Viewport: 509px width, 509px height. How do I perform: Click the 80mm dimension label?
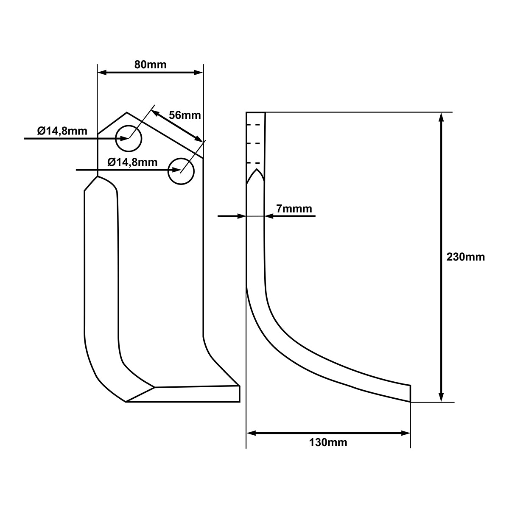tap(150, 65)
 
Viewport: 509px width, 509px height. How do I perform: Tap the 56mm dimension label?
tap(185, 115)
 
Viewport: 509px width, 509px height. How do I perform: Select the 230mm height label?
tap(466, 257)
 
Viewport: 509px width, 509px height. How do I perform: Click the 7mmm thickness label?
tap(294, 209)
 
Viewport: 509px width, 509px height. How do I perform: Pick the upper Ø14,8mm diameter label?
tap(62, 131)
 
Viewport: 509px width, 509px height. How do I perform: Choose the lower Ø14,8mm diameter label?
tap(133, 162)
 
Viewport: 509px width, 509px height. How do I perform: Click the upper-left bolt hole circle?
tap(129, 126)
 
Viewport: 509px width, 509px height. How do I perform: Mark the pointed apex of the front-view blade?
tap(127, 112)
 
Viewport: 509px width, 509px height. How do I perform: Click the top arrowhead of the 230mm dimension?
tap(441, 117)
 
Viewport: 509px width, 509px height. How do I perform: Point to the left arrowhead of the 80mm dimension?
tap(102, 73)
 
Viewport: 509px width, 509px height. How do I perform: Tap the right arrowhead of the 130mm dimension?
tap(406, 433)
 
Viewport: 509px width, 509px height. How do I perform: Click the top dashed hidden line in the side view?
tap(253, 124)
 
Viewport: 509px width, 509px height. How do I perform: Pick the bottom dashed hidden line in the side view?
tap(253, 163)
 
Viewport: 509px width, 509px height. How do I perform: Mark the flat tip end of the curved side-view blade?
tap(410, 393)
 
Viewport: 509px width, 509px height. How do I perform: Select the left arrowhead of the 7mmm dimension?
tap(241, 216)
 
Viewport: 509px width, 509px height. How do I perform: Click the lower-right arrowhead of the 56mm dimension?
tap(199, 138)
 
